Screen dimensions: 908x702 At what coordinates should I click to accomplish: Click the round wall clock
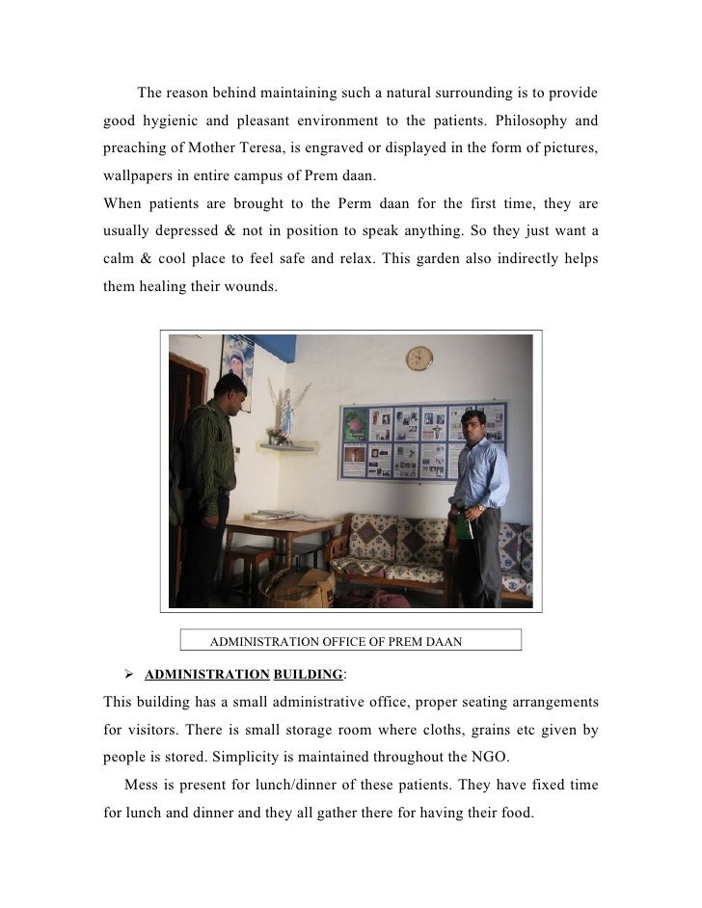tap(419, 359)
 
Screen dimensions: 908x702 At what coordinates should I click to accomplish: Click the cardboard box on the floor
tap(304, 585)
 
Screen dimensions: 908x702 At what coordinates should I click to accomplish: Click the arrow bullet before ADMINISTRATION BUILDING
tap(128, 674)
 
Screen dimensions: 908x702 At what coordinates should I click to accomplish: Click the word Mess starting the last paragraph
tap(140, 786)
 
